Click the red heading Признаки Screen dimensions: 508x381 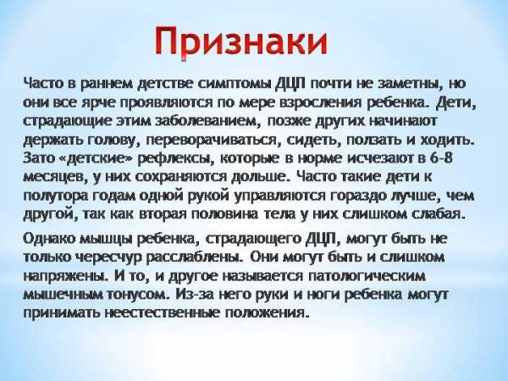pyautogui.click(x=241, y=41)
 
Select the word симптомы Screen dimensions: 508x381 pyautogui.click(x=234, y=84)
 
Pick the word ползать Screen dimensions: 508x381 pyautogui.click(x=373, y=140)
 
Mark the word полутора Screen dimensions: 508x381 pyautogui.click(x=55, y=196)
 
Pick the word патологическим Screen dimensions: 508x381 pyautogui.click(x=367, y=276)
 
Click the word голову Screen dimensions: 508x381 pyautogui.click(x=111, y=140)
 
